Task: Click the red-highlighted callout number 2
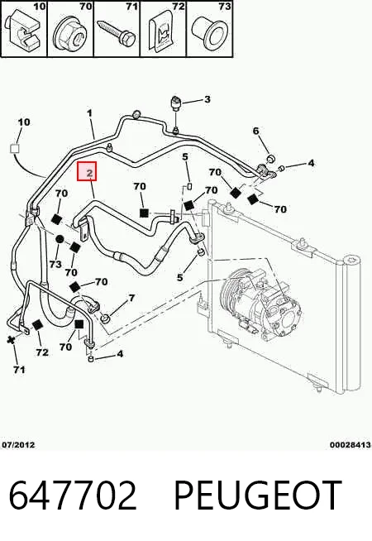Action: click(x=89, y=173)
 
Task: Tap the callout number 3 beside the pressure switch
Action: click(x=207, y=99)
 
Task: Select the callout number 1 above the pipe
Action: click(x=89, y=113)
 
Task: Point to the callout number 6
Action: click(x=255, y=131)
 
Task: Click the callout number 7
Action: click(x=131, y=298)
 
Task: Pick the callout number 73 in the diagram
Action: click(x=55, y=264)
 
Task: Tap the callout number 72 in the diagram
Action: click(x=42, y=352)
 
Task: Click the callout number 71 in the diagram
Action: click(x=19, y=370)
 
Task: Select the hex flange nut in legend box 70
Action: click(x=69, y=33)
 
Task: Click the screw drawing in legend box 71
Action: click(x=117, y=33)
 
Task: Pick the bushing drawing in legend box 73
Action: click(x=210, y=32)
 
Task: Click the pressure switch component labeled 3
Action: click(x=175, y=103)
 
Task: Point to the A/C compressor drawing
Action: click(x=261, y=303)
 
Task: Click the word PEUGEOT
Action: click(x=258, y=496)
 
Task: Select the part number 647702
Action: click(x=73, y=496)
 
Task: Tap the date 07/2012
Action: click(x=18, y=444)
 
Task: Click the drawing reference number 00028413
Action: click(x=351, y=445)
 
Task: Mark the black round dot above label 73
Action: click(x=60, y=239)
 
